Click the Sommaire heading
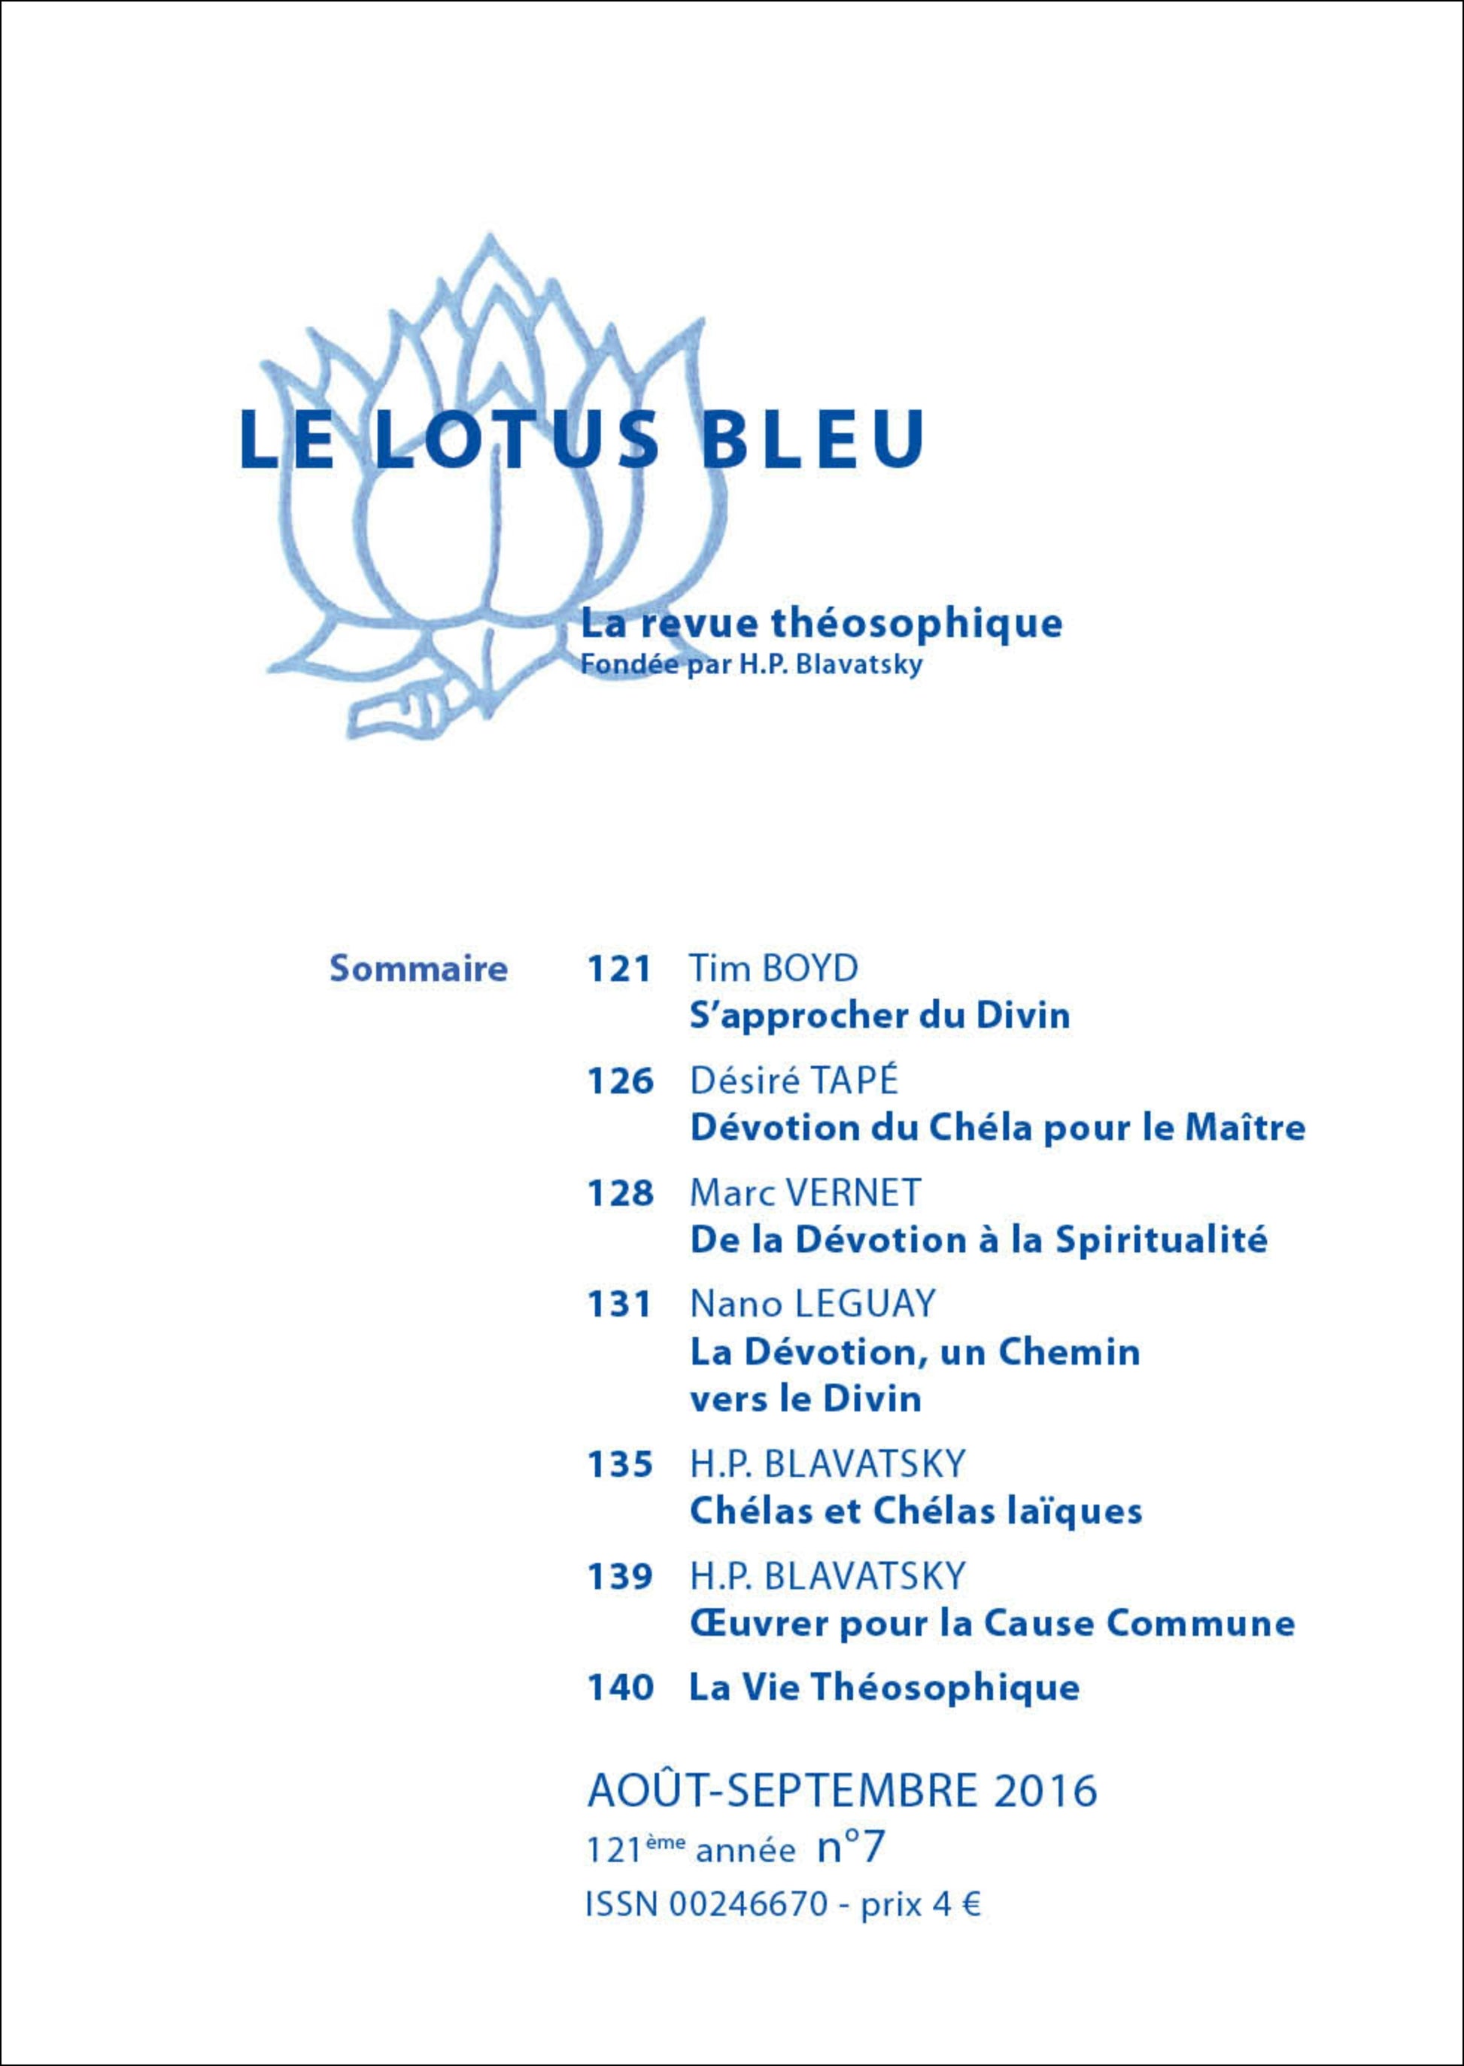pos(418,969)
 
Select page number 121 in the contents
pos(619,969)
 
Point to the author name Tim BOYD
pos(773,968)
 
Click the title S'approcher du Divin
pos(880,1016)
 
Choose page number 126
pos(619,1080)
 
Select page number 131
pos(619,1305)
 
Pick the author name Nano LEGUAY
pos(812,1305)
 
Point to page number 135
pos(619,1465)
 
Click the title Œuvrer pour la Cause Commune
pos(992,1624)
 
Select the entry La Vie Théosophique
pos(883,1688)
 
